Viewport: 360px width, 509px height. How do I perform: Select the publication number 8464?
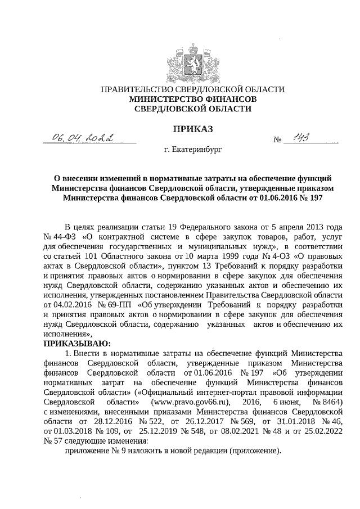point(331,403)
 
